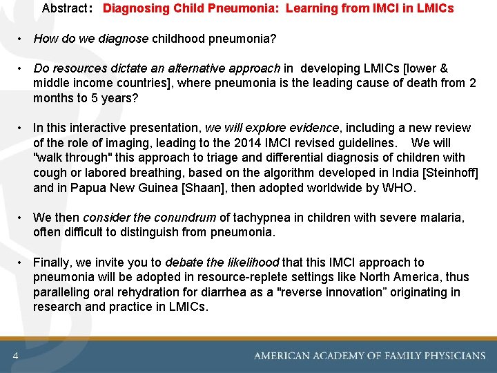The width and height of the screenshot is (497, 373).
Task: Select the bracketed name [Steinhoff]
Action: [443, 173]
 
